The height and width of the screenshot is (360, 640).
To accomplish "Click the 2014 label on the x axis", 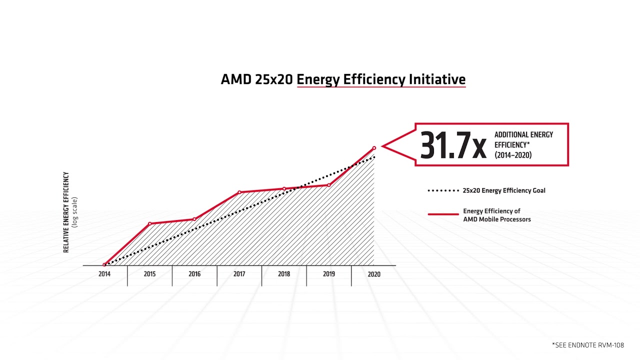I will pyautogui.click(x=104, y=274).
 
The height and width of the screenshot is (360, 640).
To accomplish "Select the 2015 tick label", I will pyautogui.click(x=149, y=274).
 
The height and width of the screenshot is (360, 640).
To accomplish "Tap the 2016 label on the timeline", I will pyautogui.click(x=194, y=274).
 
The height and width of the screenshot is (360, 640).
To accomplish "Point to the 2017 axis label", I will pyautogui.click(x=239, y=274).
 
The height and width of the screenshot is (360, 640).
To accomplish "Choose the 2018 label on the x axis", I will pyautogui.click(x=284, y=274).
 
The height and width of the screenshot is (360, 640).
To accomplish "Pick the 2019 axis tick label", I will pyautogui.click(x=329, y=274).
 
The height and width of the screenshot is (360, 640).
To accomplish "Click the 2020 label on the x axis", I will pyautogui.click(x=373, y=274).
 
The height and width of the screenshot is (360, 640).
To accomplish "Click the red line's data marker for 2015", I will pyautogui.click(x=149, y=223).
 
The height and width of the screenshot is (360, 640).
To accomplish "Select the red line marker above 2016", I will pyautogui.click(x=194, y=219).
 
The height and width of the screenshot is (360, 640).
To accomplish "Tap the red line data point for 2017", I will pyautogui.click(x=239, y=192).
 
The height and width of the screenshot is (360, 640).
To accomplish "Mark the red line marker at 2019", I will pyautogui.click(x=329, y=185).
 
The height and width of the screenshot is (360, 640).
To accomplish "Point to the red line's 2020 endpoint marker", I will pyautogui.click(x=374, y=148).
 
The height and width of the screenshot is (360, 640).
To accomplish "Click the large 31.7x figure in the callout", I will pyautogui.click(x=453, y=145).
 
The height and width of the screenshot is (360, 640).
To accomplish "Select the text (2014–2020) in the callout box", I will pyautogui.click(x=513, y=155).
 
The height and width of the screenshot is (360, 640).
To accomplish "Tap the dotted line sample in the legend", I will pyautogui.click(x=443, y=190).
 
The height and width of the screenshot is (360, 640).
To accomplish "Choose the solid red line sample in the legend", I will pyautogui.click(x=443, y=214).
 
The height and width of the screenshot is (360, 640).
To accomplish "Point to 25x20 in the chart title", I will pyautogui.click(x=274, y=79).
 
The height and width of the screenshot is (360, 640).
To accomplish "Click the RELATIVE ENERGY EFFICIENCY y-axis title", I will pyautogui.click(x=66, y=212).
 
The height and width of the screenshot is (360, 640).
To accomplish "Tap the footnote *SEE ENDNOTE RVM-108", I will pyautogui.click(x=588, y=345).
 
